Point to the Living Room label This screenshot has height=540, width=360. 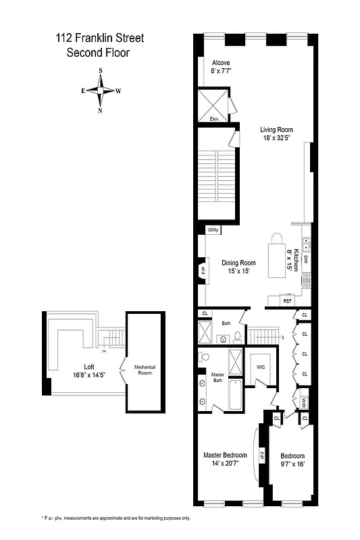pos(277,133)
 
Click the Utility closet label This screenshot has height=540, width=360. pos(213,230)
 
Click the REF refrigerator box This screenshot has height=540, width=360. pos(287,300)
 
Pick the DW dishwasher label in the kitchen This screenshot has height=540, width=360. pos(305,259)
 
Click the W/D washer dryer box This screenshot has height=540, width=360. pos(304,402)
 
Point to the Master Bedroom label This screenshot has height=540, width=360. pos(226,459)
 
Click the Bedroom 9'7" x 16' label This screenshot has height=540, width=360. pos(292,460)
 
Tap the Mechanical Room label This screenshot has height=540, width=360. pos(145,371)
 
